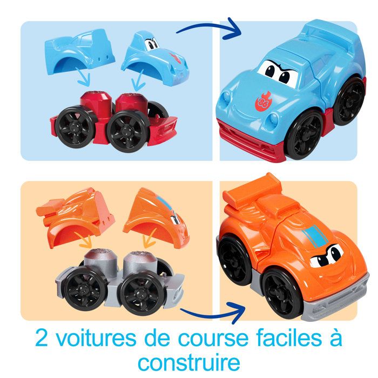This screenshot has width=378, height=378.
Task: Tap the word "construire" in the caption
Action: (x=188, y=361)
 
